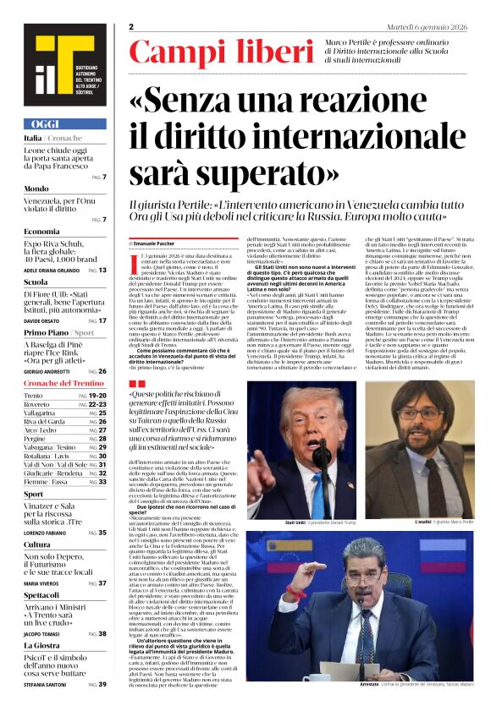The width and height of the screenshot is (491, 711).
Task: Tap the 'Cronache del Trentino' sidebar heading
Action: click(x=64, y=383)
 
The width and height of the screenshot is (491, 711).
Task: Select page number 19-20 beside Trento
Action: click(x=98, y=396)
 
